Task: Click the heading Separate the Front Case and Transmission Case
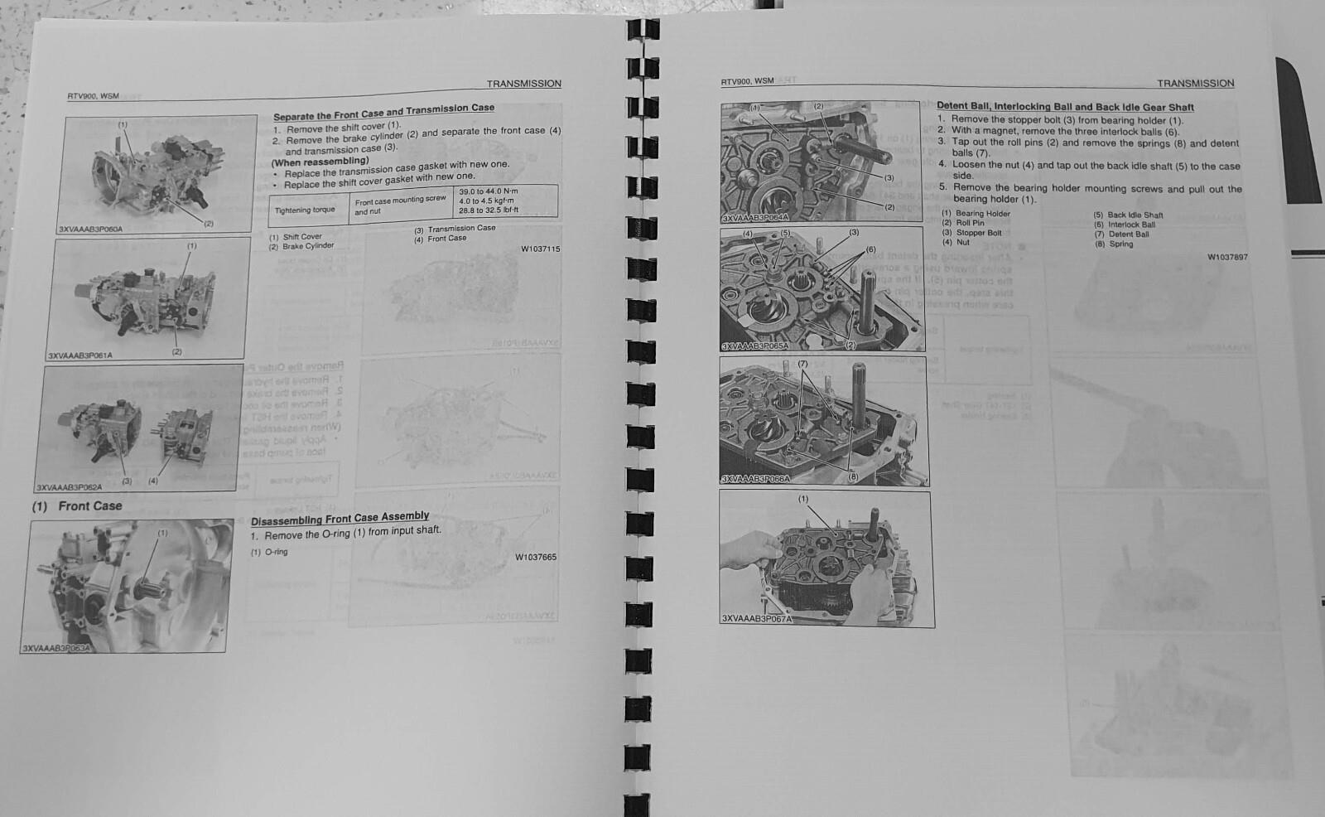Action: click(383, 112)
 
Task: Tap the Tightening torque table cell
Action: click(305, 210)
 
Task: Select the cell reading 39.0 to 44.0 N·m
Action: click(489, 192)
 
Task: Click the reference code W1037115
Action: click(540, 249)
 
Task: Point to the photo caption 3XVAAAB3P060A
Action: click(91, 229)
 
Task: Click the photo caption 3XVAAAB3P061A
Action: click(80, 355)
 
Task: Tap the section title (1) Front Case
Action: click(77, 505)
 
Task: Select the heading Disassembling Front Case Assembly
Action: click(340, 518)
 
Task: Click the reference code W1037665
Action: click(536, 557)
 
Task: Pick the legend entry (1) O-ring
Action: click(269, 552)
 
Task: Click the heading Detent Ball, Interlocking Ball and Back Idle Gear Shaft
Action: click(1065, 106)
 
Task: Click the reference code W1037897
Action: click(1226, 257)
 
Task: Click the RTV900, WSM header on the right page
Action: click(747, 81)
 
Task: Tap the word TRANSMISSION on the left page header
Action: click(523, 84)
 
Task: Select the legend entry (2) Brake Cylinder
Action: click(301, 246)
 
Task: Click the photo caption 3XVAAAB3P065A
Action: click(754, 346)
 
